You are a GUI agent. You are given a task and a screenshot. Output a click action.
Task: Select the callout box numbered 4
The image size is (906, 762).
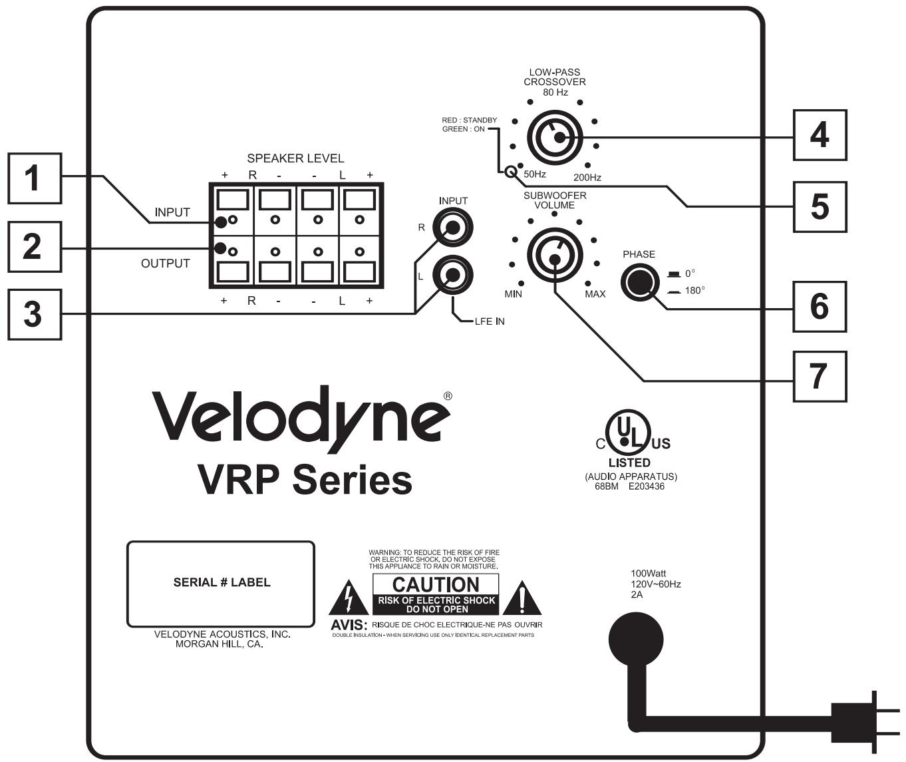coord(820,135)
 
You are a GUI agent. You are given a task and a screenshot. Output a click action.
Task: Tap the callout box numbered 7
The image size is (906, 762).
coord(820,377)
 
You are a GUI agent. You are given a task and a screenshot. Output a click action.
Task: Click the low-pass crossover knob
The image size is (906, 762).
coord(555,137)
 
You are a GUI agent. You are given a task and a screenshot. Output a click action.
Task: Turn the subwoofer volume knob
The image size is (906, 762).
coord(555,257)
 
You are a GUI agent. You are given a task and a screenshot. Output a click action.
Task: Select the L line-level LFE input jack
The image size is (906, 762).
coord(453,275)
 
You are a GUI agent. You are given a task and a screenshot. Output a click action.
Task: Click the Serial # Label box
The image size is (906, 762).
coord(220,583)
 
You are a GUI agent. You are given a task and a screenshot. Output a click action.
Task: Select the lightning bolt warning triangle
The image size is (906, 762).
coord(348,599)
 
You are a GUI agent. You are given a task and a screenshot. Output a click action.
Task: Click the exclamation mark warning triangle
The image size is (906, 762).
coord(522,599)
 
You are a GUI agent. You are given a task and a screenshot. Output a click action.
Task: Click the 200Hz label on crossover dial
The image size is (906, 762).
coord(587,177)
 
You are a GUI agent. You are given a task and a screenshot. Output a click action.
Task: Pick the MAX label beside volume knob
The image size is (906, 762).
coord(595,293)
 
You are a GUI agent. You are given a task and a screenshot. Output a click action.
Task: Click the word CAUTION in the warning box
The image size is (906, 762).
coord(436,584)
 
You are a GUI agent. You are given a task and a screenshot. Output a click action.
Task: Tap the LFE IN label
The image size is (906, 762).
coord(489,321)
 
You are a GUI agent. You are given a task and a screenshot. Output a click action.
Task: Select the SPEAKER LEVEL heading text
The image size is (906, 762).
coord(295,158)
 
